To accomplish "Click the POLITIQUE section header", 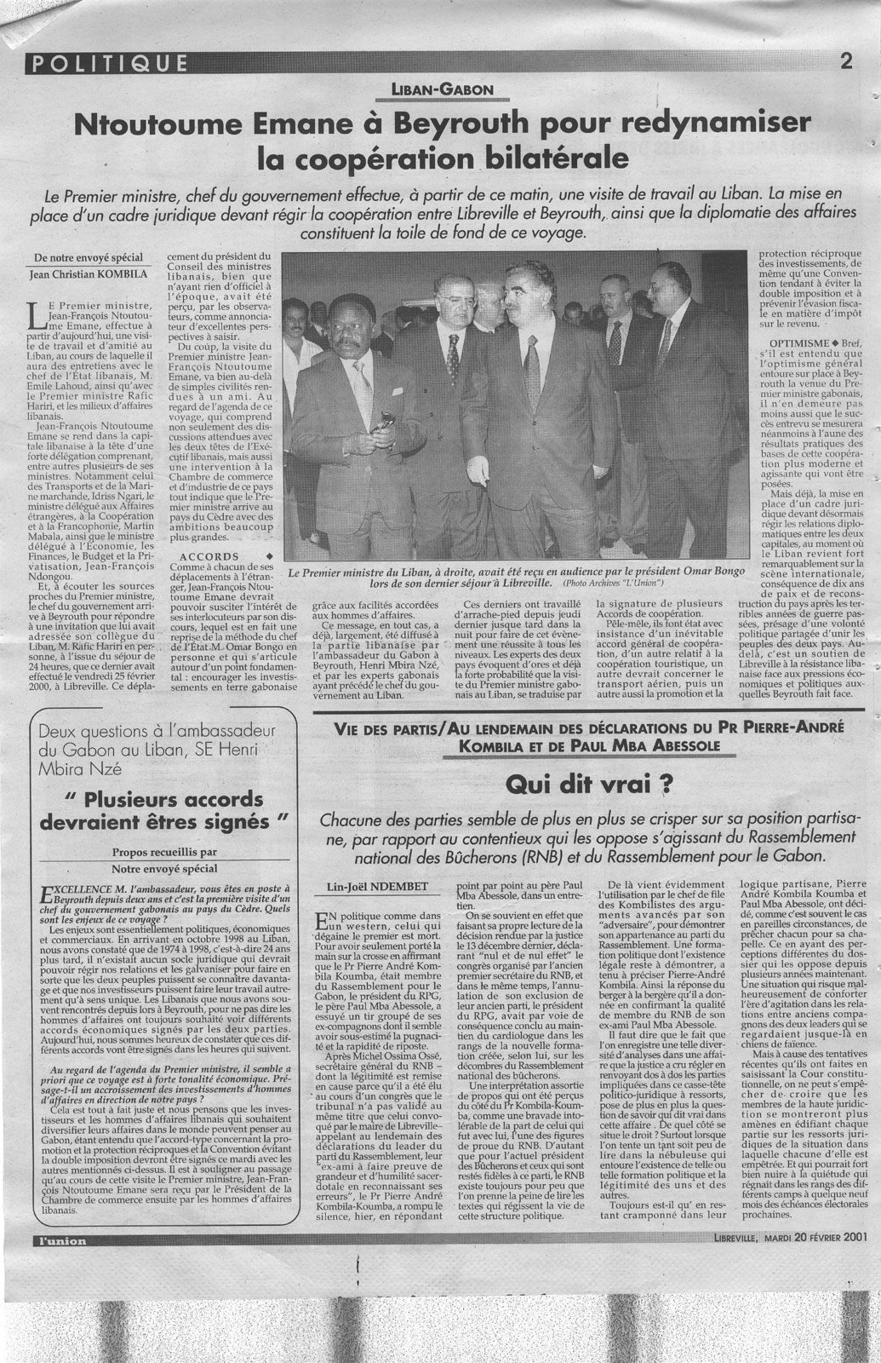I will [x=107, y=61].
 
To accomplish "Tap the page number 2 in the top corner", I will [x=846, y=60].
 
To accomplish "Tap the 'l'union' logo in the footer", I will [x=60, y=1241].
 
